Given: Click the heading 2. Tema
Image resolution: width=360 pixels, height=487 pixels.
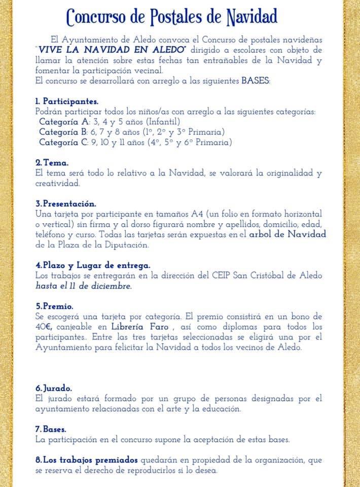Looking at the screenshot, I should tap(49, 163).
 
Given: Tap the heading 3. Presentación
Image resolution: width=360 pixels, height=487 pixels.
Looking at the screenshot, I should tap(65, 204).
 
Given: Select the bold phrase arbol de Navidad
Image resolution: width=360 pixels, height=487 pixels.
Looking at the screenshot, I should tap(287, 234).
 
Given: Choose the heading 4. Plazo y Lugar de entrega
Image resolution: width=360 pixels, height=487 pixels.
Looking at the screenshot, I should tap(93, 265).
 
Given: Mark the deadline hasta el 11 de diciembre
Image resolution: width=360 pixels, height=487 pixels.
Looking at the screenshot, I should tap(83, 286).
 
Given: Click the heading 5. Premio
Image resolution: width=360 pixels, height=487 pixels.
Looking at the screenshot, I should tap(54, 306).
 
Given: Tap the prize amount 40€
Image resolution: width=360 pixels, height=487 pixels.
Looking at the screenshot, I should tap(45, 327).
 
